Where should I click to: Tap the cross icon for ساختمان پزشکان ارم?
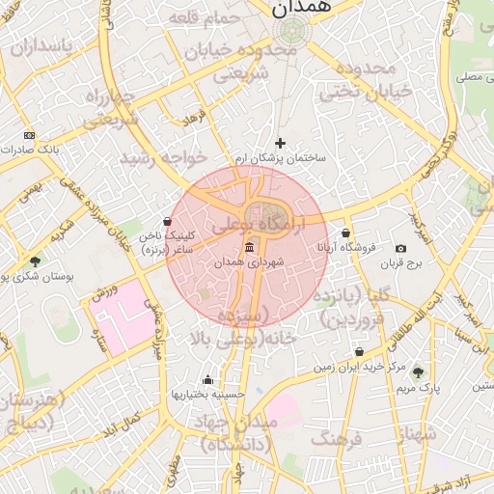[281, 143]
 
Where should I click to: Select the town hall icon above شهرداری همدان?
[250, 247]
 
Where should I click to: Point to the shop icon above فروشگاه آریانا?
[345, 233]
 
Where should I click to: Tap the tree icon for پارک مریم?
[418, 372]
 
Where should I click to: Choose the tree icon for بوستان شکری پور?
[36, 261]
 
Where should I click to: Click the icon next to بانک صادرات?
[29, 136]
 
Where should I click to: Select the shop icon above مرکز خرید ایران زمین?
[360, 353]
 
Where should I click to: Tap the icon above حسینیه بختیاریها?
[207, 379]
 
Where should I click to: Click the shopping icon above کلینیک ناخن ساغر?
[168, 221]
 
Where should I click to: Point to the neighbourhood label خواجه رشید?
[163, 156]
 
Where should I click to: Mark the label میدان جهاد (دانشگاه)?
[236, 434]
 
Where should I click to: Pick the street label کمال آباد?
[121, 424]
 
